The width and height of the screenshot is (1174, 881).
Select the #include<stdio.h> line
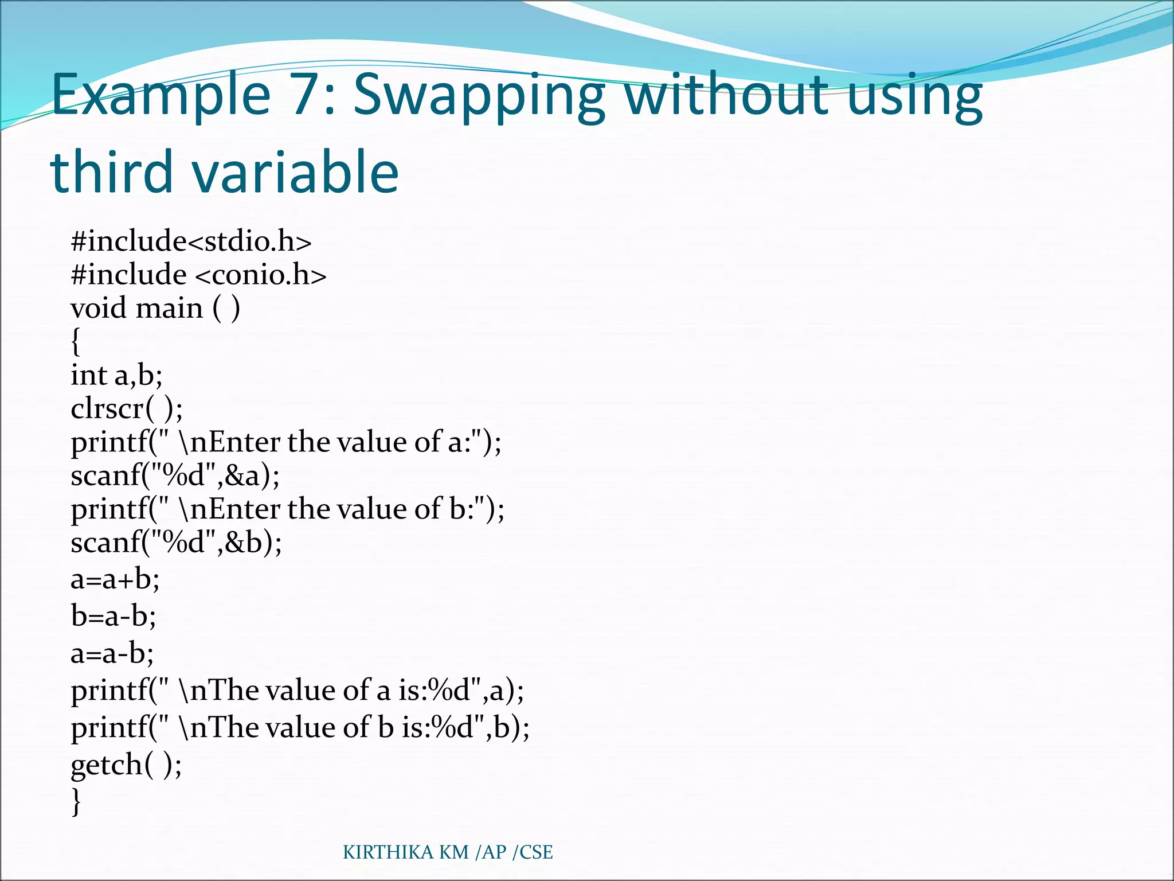pyautogui.click(x=191, y=241)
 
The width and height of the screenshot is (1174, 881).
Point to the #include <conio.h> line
pyautogui.click(x=198, y=275)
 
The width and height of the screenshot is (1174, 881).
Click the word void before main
pyautogui.click(x=98, y=309)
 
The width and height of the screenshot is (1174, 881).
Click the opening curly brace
pyautogui.click(x=76, y=342)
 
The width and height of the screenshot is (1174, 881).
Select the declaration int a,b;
pyautogui.click(x=116, y=376)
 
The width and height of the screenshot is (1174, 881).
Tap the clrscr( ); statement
pyautogui.click(x=127, y=409)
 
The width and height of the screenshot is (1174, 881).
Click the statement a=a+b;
pyautogui.click(x=115, y=579)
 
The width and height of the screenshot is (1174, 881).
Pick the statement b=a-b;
pyautogui.click(x=114, y=616)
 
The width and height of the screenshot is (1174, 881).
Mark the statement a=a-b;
pyautogui.click(x=112, y=653)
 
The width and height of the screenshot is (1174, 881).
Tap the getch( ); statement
pyautogui.click(x=126, y=765)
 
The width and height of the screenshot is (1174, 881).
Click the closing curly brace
pyautogui.click(x=76, y=801)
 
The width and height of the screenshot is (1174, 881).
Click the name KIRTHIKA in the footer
pyautogui.click(x=388, y=852)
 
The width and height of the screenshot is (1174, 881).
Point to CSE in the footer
pyautogui.click(x=536, y=852)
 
